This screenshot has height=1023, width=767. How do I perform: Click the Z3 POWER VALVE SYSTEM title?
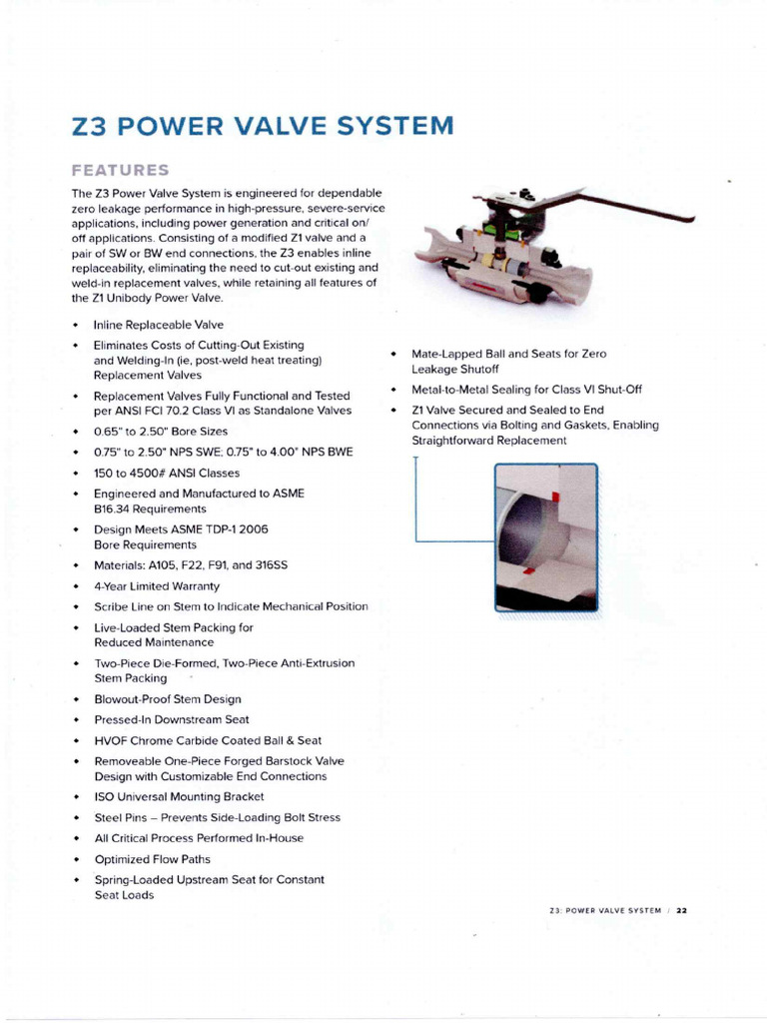tap(262, 127)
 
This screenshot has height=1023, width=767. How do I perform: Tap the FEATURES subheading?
tap(120, 170)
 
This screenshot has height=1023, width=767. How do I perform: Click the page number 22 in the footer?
tap(682, 910)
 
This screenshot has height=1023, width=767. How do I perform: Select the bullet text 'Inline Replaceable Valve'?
tap(158, 325)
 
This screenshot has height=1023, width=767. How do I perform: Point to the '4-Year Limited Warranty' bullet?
tap(157, 586)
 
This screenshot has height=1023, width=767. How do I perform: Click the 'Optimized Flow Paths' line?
tap(152, 859)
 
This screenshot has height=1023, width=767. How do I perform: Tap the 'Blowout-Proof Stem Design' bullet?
tap(168, 699)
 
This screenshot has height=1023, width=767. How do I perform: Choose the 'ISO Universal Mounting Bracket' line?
tap(179, 796)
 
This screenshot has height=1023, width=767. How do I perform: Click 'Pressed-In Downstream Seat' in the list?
tap(172, 719)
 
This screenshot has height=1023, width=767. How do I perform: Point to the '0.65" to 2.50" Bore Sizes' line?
tap(161, 432)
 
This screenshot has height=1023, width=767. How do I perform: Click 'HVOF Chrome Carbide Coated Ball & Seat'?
tap(208, 740)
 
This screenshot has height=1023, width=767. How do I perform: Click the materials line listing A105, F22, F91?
tap(191, 565)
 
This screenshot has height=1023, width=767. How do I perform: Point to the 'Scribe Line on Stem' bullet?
tap(231, 606)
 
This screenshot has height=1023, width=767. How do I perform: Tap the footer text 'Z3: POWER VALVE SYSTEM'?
tap(605, 910)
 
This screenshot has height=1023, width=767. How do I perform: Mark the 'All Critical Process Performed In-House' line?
tap(199, 838)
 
